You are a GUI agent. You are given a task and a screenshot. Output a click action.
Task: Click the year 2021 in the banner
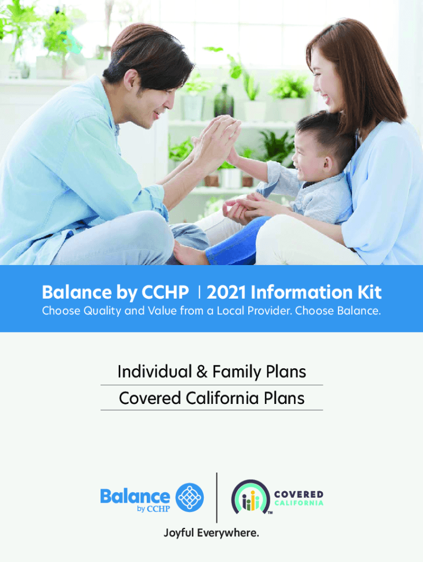(x=226, y=292)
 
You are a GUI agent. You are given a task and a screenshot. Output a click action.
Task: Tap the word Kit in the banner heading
(x=369, y=292)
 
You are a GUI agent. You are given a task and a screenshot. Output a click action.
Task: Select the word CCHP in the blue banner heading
(x=165, y=292)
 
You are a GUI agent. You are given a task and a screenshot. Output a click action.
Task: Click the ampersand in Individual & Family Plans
(x=202, y=372)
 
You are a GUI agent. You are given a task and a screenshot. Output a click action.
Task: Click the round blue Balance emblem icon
(x=190, y=497)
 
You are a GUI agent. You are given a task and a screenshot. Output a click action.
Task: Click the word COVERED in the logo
(x=298, y=494)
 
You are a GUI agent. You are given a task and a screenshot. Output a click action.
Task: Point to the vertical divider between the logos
(x=216, y=497)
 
